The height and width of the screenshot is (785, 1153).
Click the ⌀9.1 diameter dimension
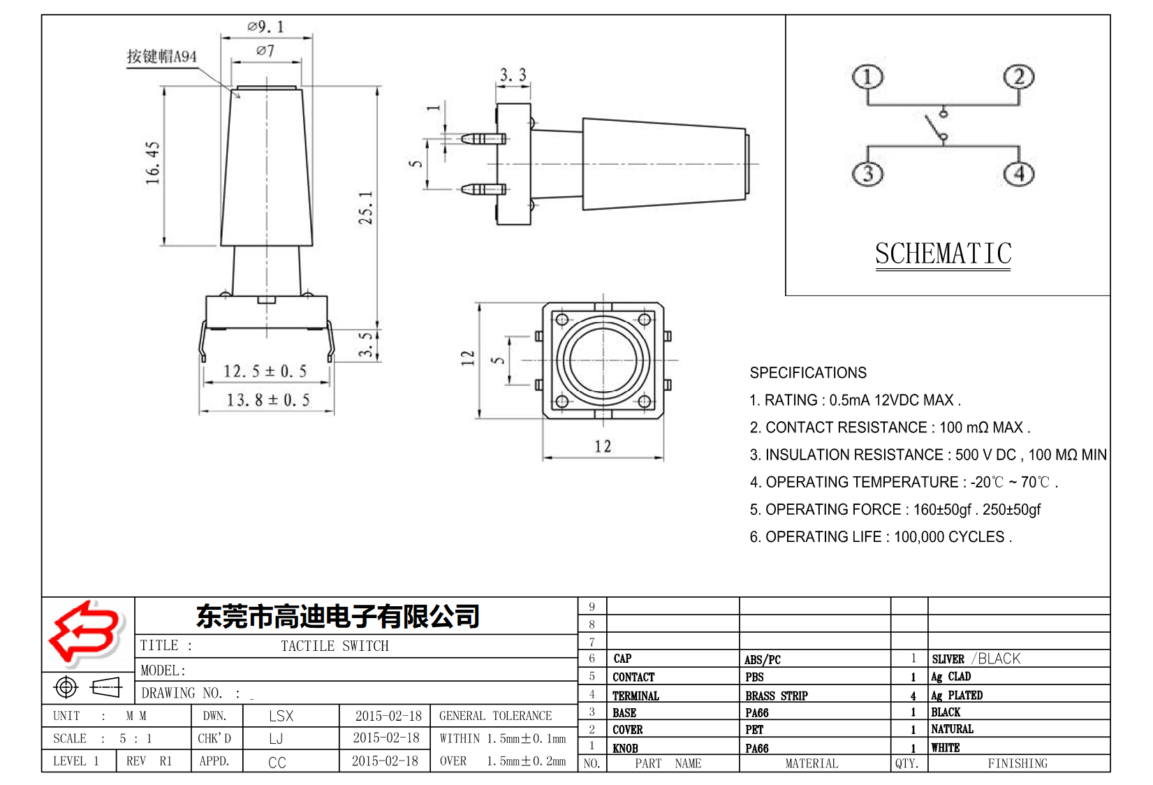266,27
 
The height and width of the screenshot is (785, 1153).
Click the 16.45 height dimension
153,163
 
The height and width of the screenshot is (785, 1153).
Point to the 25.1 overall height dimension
366,207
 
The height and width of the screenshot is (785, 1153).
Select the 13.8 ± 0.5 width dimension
267,400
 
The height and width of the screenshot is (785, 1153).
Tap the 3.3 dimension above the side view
513,75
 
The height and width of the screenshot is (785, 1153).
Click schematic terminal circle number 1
867,77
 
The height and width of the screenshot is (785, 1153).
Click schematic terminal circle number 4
1019,173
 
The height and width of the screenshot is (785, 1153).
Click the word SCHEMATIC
943,254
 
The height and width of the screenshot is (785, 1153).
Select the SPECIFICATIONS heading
808,373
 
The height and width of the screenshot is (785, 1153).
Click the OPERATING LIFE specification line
880,537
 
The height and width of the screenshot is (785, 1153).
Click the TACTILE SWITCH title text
335,646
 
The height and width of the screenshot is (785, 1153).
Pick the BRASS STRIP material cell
776,696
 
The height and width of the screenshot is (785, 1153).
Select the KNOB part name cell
625,748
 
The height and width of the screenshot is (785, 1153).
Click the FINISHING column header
1017,763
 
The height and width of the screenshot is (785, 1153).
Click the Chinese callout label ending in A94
162,57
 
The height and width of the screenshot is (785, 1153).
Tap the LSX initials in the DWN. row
281,716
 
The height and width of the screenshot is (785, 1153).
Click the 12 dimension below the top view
603,446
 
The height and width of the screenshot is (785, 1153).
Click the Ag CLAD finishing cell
950,676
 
